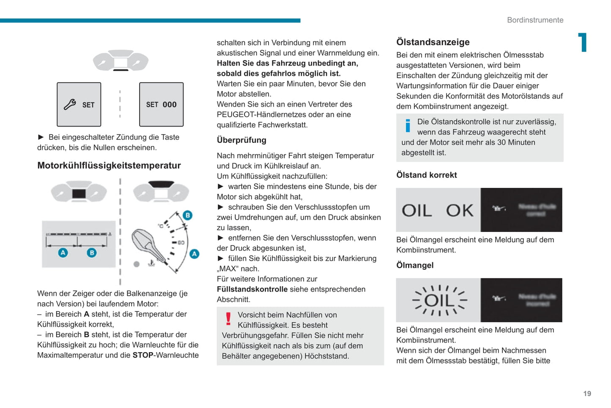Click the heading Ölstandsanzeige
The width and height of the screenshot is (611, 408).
[433, 42]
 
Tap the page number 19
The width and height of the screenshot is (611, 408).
[587, 394]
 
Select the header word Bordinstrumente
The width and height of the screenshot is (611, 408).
[535, 20]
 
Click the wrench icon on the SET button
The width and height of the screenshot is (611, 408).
[70, 104]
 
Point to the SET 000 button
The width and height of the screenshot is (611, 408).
[161, 105]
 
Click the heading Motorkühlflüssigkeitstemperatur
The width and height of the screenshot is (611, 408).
[109, 165]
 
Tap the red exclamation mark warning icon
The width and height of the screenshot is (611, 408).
[228, 319]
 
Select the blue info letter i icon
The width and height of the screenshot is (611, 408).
[408, 125]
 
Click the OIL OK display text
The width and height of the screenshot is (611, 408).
[438, 210]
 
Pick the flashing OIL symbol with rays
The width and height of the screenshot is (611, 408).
[439, 300]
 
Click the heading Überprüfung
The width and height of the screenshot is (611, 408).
[241, 140]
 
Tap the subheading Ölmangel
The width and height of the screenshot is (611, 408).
[415, 265]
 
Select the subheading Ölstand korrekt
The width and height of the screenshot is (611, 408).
[426, 175]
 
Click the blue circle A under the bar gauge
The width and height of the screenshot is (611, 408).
[63, 253]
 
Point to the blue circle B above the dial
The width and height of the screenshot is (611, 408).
[188, 215]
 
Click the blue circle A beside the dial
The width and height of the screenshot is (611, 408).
[194, 254]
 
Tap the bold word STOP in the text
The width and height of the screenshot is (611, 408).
[143, 355]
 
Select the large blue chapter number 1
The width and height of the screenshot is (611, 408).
[583, 42]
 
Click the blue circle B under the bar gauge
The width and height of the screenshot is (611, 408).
[92, 253]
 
